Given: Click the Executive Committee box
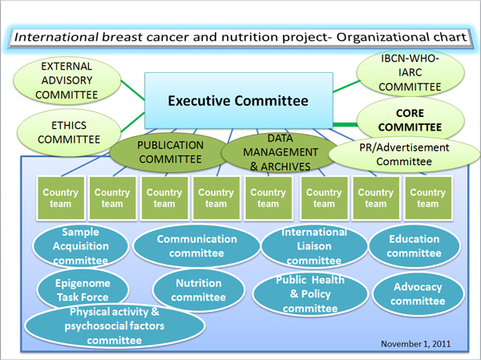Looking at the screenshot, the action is point(239,100).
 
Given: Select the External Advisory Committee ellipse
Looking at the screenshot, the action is point(67,80).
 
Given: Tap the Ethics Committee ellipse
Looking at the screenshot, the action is point(69,132).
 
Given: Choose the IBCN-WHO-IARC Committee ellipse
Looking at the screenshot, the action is point(410,73).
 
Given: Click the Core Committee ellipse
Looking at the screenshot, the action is point(410,119).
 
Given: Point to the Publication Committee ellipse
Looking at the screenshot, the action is point(170,152).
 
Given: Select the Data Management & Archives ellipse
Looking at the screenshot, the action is point(280,152).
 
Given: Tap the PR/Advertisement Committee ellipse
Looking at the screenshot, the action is point(404,155).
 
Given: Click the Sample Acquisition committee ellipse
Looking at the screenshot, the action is point(81,246).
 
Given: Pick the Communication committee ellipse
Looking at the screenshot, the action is point(196,246).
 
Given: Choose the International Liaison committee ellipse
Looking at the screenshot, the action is point(314,246).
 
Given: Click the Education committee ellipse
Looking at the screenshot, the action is point(414,246).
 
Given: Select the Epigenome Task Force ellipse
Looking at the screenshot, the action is point(83,289).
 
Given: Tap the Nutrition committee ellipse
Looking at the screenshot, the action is point(199,290).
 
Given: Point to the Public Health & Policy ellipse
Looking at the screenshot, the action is point(310,293).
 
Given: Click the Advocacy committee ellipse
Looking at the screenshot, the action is point(418,294).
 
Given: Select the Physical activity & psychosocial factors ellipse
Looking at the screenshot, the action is point(115,326).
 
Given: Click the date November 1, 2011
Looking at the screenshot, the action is point(415,344).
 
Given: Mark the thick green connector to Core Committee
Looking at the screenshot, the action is point(345,124).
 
